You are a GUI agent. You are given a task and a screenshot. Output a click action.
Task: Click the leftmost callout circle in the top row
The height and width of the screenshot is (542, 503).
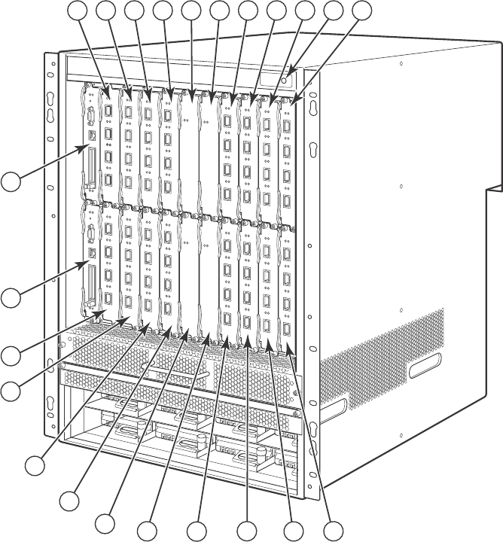coord(78,11)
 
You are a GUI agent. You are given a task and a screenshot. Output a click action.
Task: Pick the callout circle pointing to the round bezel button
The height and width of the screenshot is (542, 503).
coord(334,11)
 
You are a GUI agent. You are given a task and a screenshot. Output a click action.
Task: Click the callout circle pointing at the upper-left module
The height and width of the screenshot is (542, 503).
coord(11,181)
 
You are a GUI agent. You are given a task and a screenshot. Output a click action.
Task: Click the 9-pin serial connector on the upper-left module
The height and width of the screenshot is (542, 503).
coord(90,117)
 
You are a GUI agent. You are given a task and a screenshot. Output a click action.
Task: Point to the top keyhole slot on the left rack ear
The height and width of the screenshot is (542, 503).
coord(50,101)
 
